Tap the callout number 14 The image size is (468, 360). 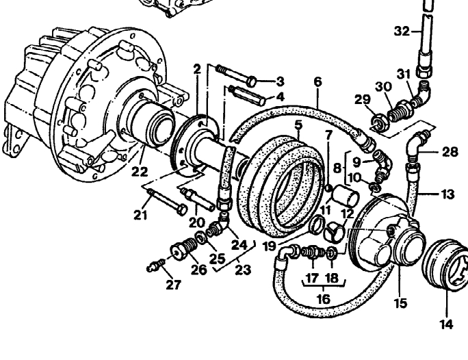point(445,325)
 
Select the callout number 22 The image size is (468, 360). point(140,172)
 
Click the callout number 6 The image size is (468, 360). point(317,81)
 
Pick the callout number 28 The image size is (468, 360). point(450,151)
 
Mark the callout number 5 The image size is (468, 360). point(297,125)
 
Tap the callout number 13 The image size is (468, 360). point(447,195)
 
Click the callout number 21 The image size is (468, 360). point(140,216)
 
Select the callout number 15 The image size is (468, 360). point(400,302)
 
